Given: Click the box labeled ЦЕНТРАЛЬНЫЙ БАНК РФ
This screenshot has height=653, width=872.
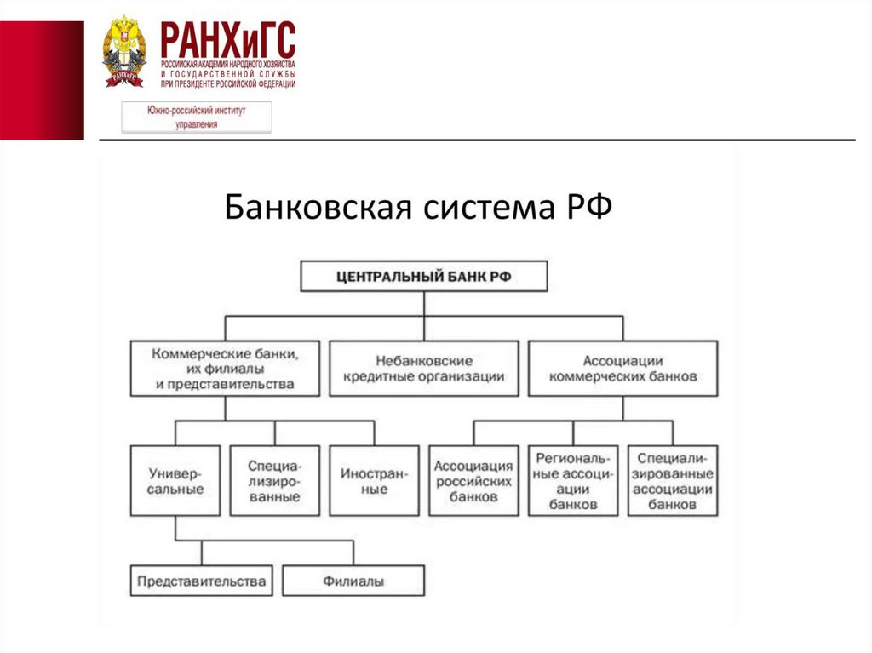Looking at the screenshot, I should pyautogui.click(x=424, y=276).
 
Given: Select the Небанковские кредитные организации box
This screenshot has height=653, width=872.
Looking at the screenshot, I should pyautogui.click(x=423, y=368).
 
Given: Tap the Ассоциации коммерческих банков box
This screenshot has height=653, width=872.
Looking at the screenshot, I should pyautogui.click(x=622, y=368).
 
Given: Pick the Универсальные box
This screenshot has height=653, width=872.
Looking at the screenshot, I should pyautogui.click(x=175, y=480).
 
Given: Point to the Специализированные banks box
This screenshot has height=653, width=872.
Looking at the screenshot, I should pyautogui.click(x=274, y=480).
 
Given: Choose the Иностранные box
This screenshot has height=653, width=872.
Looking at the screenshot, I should pyautogui.click(x=374, y=480).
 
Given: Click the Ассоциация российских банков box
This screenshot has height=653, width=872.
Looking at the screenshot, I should pyautogui.click(x=473, y=480).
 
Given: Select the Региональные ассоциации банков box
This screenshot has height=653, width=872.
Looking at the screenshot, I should pyautogui.click(x=572, y=480).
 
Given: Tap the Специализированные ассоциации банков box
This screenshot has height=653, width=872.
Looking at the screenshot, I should pyautogui.click(x=673, y=480).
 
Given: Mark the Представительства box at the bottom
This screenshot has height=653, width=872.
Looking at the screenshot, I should pyautogui.click(x=201, y=581).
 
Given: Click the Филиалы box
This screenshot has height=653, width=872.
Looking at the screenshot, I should pyautogui.click(x=353, y=581).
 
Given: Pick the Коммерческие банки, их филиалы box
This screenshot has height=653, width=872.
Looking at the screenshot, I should pyautogui.click(x=225, y=368).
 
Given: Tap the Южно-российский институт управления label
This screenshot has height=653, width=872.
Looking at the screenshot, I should pyautogui.click(x=197, y=117).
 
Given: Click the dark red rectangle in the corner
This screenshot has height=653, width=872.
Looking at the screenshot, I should pyautogui.click(x=42, y=80).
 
